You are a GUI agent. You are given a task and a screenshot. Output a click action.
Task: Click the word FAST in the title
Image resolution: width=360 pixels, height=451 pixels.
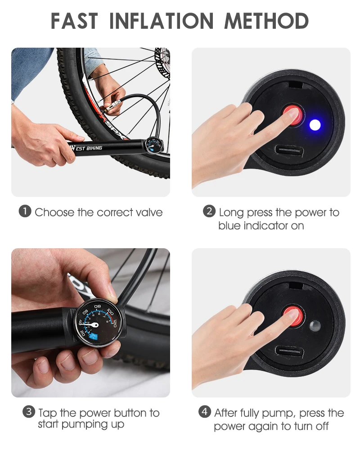[x=74, y=21]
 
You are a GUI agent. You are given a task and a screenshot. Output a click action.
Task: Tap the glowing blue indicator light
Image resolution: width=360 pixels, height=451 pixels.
[x=315, y=125]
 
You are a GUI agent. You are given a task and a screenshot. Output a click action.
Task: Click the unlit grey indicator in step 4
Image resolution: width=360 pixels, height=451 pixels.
[x=315, y=326]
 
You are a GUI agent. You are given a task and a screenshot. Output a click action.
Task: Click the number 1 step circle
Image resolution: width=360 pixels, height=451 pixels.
[x=24, y=211]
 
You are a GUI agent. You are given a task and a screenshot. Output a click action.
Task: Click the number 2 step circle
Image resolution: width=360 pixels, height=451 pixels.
[x=209, y=211]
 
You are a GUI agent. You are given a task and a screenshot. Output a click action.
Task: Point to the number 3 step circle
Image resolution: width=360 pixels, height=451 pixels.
[x=29, y=411]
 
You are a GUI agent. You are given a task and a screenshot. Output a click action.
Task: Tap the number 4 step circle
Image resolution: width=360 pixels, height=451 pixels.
[x=204, y=411]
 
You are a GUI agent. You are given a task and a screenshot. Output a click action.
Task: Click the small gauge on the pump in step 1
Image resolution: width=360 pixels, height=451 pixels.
[x=152, y=147]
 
